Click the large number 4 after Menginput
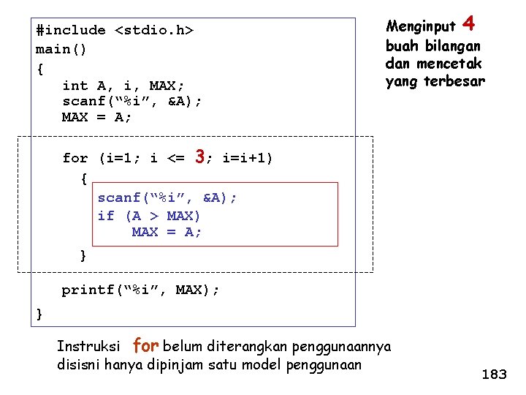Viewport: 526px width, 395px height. click(469, 24)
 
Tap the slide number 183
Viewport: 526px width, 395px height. click(494, 375)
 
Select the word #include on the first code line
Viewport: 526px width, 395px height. click(71, 31)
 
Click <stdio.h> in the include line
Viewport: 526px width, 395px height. click(154, 31)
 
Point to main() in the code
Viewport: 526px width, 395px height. click(61, 50)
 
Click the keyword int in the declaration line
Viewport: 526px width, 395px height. click(75, 86)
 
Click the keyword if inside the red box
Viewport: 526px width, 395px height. click(106, 216)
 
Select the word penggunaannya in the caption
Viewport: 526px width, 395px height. click(348, 346)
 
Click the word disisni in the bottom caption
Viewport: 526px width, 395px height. click(78, 364)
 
